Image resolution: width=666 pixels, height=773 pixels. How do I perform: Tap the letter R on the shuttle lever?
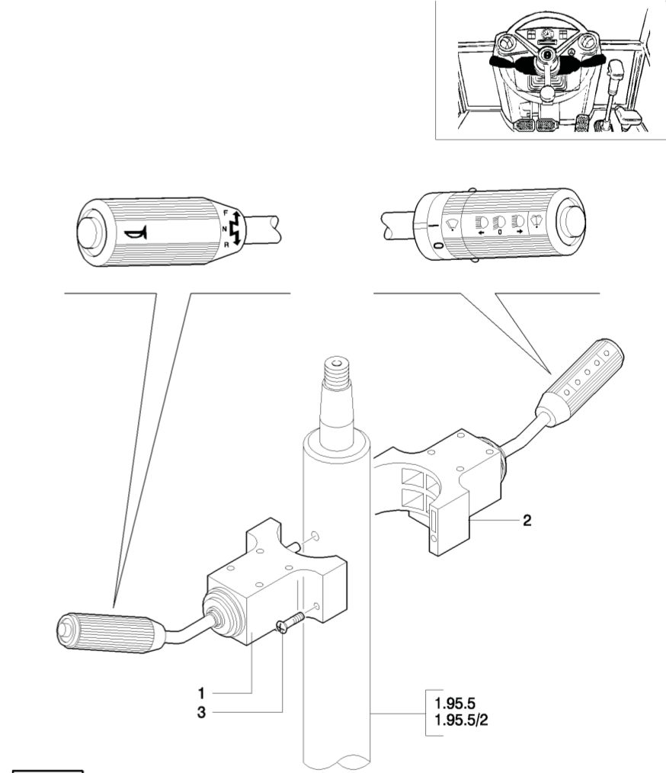[226, 244]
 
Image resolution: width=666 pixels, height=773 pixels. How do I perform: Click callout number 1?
[201, 694]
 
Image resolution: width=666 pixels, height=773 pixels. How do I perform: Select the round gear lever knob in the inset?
[547, 91]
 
